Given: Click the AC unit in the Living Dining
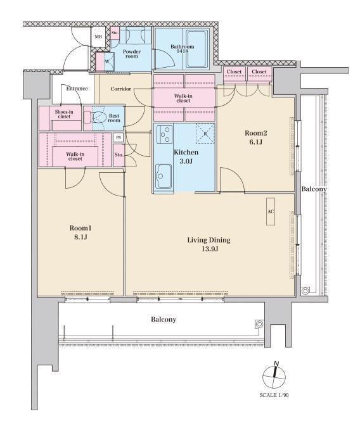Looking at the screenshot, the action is [x=271, y=211].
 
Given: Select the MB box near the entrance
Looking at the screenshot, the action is [x=98, y=37].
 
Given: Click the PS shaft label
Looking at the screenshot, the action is [x=119, y=138].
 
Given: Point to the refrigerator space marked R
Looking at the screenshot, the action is [x=205, y=134].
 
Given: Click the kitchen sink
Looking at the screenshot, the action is [x=164, y=176].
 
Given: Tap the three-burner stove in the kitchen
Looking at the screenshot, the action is [x=165, y=134].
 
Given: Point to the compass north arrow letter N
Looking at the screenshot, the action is [x=276, y=363].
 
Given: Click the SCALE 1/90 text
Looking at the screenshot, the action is [x=274, y=395].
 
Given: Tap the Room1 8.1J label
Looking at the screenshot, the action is [x=80, y=232].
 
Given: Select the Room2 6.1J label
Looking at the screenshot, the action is [x=255, y=137].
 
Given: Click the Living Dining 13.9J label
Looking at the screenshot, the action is [x=209, y=244].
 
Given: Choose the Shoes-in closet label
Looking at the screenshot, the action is [x=64, y=114].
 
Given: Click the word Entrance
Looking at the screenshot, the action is [x=77, y=89].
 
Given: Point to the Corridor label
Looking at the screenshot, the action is [x=121, y=89].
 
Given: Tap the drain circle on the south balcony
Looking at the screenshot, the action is [x=259, y=324].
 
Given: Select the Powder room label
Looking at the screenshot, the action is [x=132, y=54].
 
